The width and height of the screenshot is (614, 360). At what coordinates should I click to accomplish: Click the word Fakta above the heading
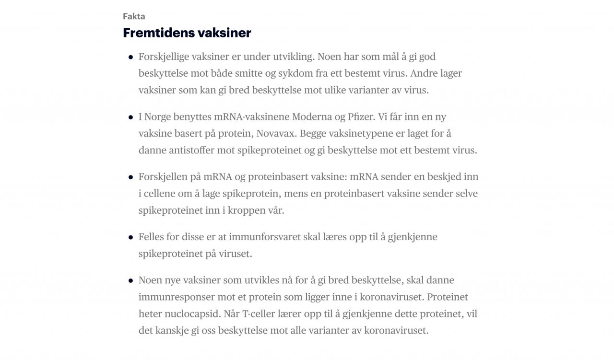[x=134, y=16]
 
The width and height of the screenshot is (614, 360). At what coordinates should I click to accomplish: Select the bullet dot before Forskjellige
[x=130, y=57]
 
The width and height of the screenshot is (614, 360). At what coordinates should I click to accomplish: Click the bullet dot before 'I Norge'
[x=130, y=117]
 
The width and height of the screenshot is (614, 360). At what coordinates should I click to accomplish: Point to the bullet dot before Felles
[x=130, y=237]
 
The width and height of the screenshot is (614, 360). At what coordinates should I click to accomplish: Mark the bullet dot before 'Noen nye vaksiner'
[x=130, y=280]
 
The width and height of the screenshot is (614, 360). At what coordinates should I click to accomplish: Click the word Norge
[x=159, y=116]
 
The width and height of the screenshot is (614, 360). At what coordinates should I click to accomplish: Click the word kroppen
[x=245, y=210]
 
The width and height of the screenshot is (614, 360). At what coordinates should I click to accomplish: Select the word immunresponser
[x=174, y=297]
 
